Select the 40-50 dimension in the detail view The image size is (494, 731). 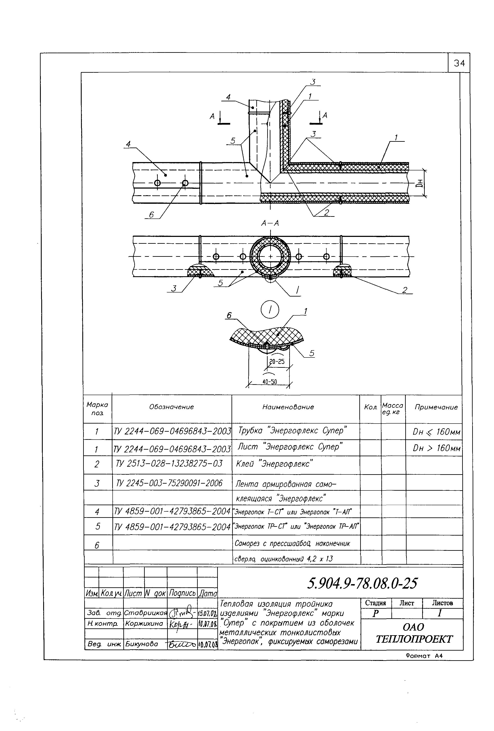tap(270, 382)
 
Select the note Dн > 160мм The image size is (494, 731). tap(436, 448)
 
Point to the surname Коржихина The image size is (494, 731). tap(144, 623)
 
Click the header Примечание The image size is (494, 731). tap(436, 407)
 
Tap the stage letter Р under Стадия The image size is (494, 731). tap(375, 614)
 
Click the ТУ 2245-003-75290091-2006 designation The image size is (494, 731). tap(169, 483)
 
